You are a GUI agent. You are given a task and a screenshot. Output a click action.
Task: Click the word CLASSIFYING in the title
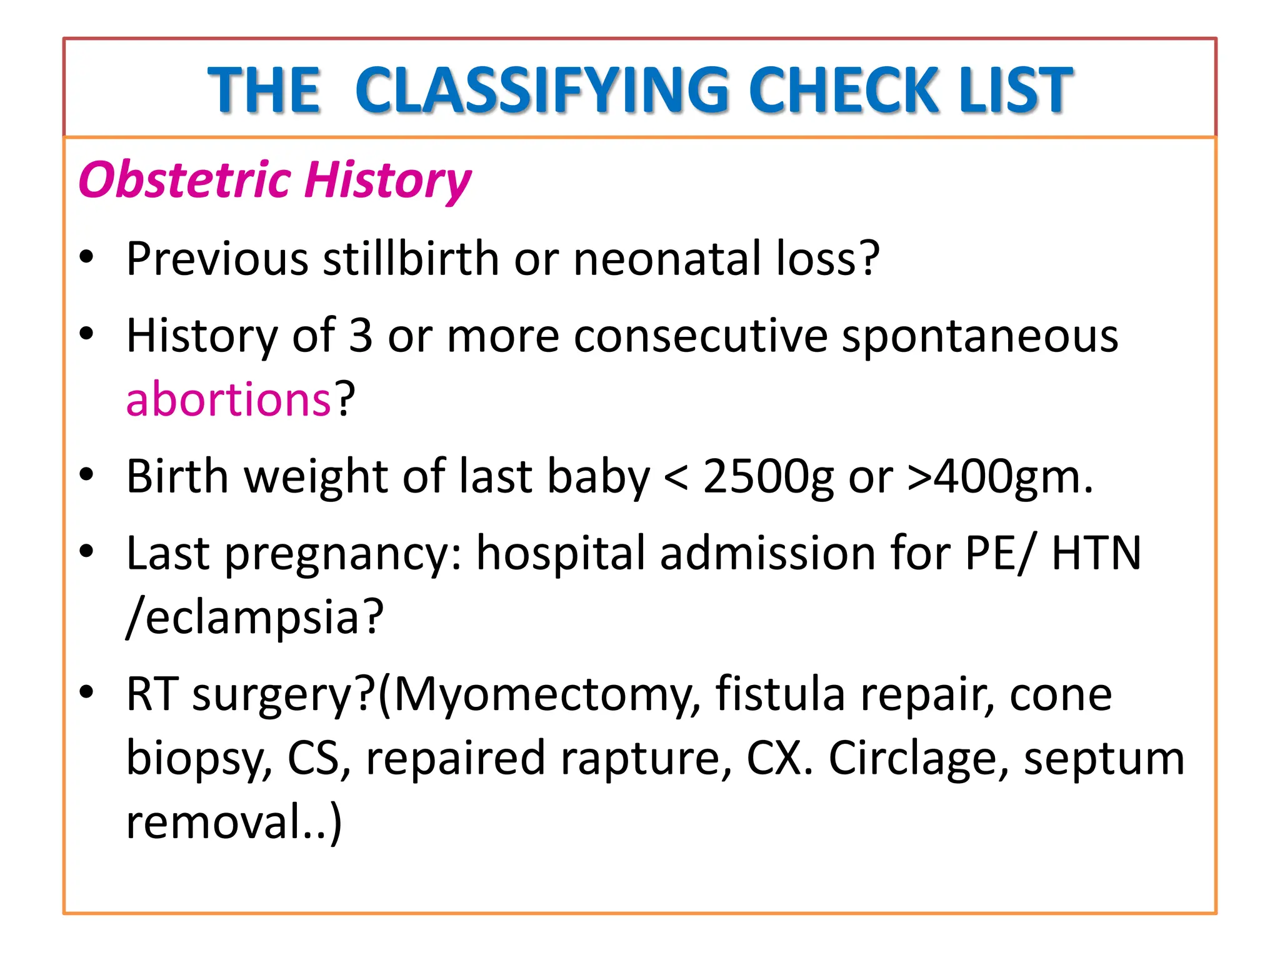pyautogui.click(x=542, y=91)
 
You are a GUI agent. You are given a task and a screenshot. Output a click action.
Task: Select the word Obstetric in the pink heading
pyautogui.click(x=185, y=180)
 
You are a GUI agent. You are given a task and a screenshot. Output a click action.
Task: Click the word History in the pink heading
pyautogui.click(x=388, y=180)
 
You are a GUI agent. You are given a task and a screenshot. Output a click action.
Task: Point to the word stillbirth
pyautogui.click(x=411, y=258)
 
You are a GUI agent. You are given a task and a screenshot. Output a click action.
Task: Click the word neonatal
pyautogui.click(x=667, y=258)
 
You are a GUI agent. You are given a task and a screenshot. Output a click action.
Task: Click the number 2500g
pyautogui.click(x=768, y=477)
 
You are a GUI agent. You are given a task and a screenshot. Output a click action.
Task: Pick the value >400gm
pyautogui.click(x=1000, y=477)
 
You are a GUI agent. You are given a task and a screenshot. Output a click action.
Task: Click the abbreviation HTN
pyautogui.click(x=1096, y=553)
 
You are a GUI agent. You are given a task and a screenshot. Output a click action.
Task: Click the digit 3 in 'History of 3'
pyautogui.click(x=361, y=336)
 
